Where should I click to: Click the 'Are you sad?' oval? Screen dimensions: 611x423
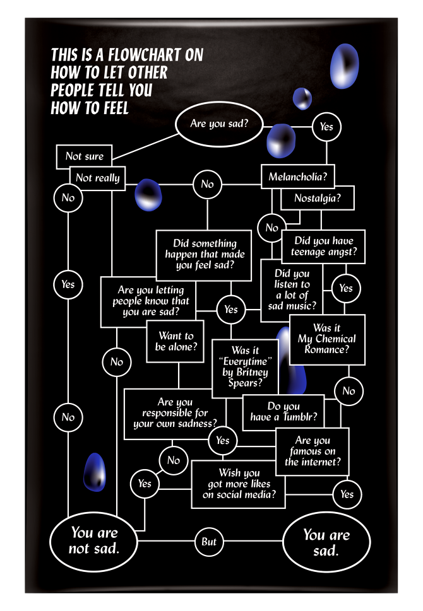coord(218,124)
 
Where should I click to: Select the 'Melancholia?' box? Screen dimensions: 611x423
coord(297,177)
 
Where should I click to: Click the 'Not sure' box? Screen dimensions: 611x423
coord(84,156)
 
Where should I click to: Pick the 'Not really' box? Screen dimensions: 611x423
coord(98,178)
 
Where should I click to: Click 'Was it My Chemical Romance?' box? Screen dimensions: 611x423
coord(327,339)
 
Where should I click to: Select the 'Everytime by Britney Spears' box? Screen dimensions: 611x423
coord(244,368)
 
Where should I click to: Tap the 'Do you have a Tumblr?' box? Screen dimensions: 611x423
coord(283,412)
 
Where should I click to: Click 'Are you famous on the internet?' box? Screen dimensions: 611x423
coord(312,451)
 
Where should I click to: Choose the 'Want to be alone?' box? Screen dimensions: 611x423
coord(176,341)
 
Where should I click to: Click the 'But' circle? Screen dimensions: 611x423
coord(209,542)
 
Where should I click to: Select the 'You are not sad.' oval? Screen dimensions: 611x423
coord(94,541)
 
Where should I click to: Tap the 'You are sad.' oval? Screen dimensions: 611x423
coord(326,542)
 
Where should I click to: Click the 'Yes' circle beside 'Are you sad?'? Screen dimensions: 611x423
coord(326,127)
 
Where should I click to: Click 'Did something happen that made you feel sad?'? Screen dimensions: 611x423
coord(205,254)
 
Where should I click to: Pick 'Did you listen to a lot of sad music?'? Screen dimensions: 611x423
coord(292,290)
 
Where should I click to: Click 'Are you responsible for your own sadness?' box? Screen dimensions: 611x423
coord(175,413)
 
